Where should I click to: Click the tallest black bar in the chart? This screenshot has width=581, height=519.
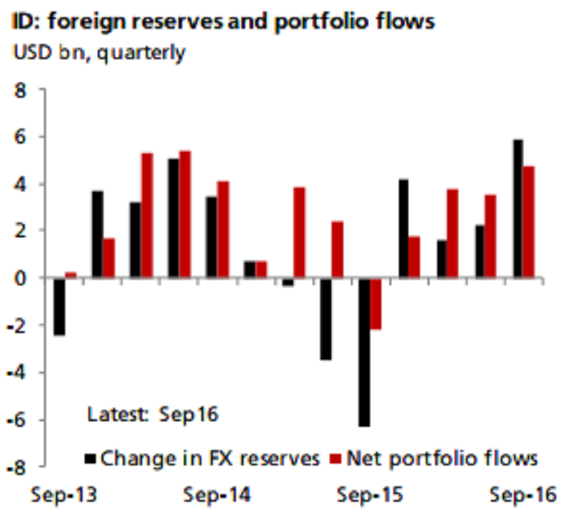[x=518, y=209]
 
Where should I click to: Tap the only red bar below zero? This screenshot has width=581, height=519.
[x=376, y=304]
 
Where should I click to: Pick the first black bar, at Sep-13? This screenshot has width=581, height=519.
[x=58, y=307]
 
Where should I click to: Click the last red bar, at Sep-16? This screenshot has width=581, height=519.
[x=530, y=222]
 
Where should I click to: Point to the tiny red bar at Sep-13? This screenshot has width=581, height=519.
[x=70, y=275]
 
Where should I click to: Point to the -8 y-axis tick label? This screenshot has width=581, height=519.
[x=17, y=468]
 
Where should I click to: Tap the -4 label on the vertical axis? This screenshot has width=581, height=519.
[x=17, y=373]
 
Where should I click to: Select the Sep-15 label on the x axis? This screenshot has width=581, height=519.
[x=370, y=496]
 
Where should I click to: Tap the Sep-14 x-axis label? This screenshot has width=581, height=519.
[x=216, y=496]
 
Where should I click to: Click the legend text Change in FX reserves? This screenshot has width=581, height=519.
[x=210, y=458]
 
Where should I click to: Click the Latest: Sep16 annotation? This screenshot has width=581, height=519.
[x=153, y=415]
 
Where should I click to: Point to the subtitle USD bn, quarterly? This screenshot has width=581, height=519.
[x=98, y=54]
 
